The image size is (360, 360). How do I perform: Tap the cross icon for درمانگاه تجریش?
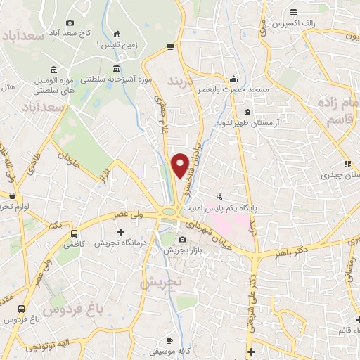tap(120, 232)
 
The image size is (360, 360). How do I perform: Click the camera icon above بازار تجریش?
tap(183, 240)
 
